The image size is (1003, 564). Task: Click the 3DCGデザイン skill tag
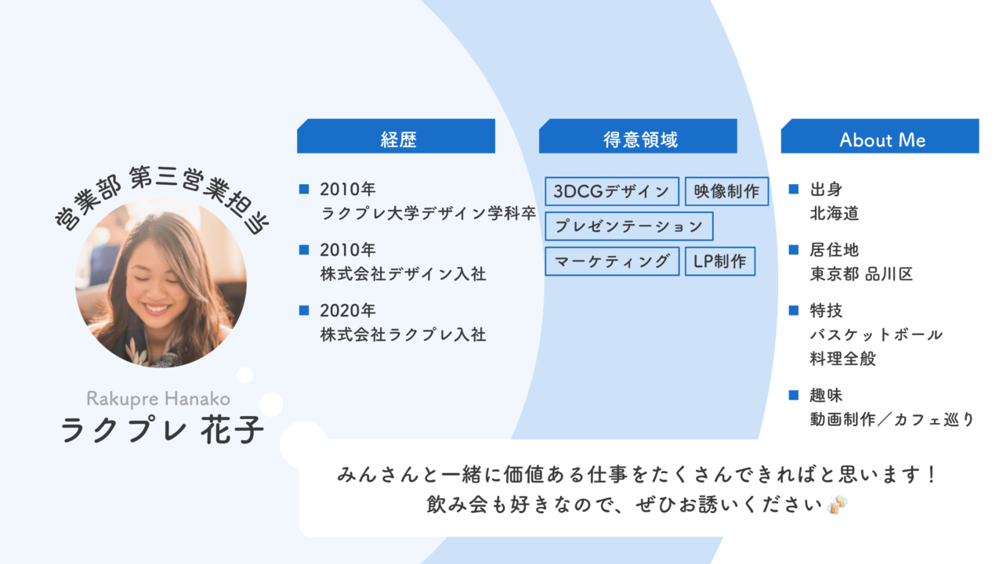coord(612,191)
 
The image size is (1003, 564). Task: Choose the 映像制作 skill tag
coord(726,191)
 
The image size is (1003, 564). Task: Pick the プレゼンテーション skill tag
coord(628,226)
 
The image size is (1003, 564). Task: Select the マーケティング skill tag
coord(612,261)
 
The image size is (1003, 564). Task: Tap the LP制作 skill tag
coord(720,261)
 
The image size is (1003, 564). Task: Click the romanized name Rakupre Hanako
coord(158,398)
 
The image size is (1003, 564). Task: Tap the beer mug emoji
coord(837,504)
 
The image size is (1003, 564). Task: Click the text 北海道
coord(835,213)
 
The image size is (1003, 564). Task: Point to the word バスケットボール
coord(876,334)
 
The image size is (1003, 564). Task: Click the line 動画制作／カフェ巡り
coord(892,419)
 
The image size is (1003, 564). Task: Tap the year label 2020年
coord(348,310)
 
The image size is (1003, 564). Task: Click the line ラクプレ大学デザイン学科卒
coord(429,213)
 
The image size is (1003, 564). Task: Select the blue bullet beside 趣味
coord(793,395)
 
